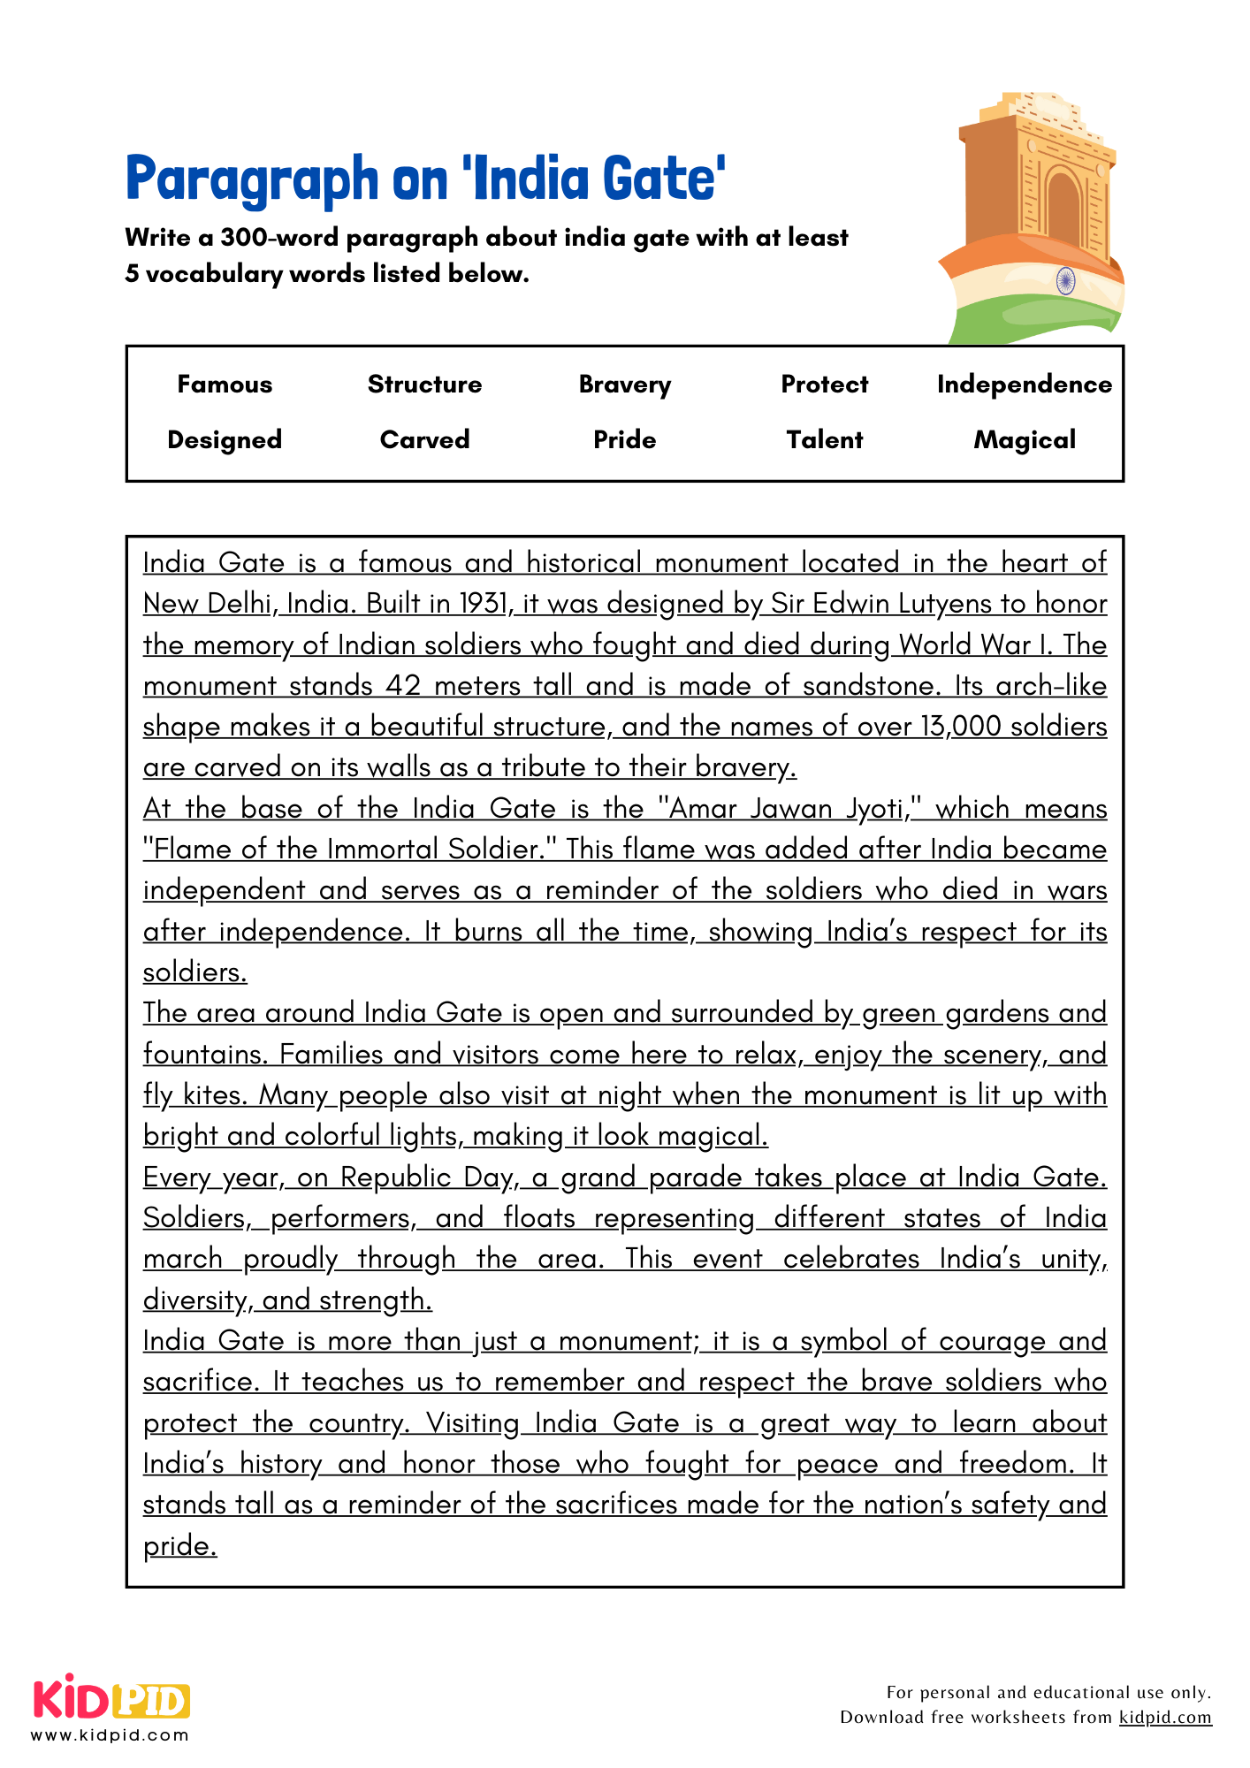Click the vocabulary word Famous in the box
[x=225, y=385]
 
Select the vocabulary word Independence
[x=1024, y=385]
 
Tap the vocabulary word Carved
[x=424, y=440]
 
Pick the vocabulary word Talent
[x=824, y=440]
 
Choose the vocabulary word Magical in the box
[x=1024, y=440]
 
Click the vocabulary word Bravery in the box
[x=624, y=385]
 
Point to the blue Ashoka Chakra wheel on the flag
[x=1065, y=281]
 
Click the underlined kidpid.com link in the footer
[x=1164, y=1717]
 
